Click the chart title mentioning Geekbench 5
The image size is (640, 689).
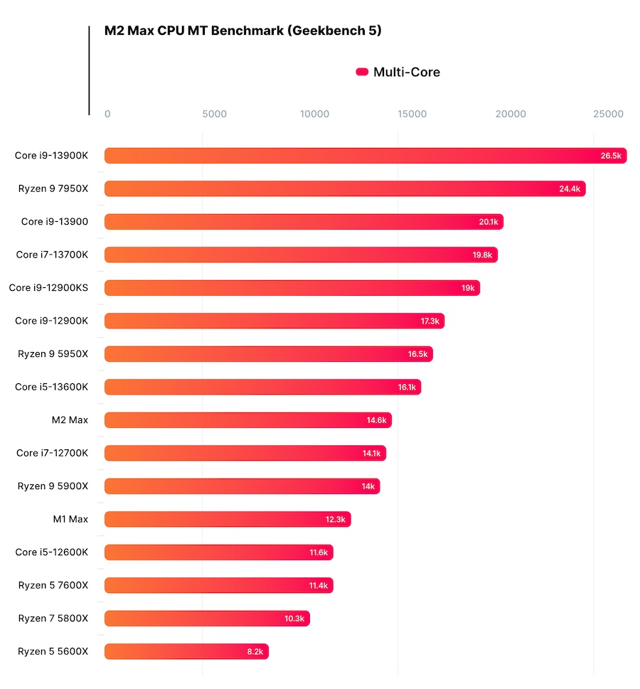pos(242,31)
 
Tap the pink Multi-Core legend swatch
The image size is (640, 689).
pos(362,72)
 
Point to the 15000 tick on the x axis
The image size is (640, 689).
pos(412,114)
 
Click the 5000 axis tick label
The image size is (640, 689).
pos(214,114)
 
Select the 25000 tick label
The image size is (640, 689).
pos(609,114)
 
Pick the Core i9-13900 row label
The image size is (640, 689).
pos(55,221)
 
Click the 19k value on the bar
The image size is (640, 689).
pos(468,288)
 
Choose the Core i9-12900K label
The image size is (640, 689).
pos(51,321)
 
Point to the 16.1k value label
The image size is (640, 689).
pos(407,388)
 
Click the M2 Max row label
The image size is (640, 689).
pos(70,420)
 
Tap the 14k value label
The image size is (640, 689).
pos(368,486)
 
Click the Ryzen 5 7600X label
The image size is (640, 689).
pos(53,585)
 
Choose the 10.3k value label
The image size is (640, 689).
pos(294,619)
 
